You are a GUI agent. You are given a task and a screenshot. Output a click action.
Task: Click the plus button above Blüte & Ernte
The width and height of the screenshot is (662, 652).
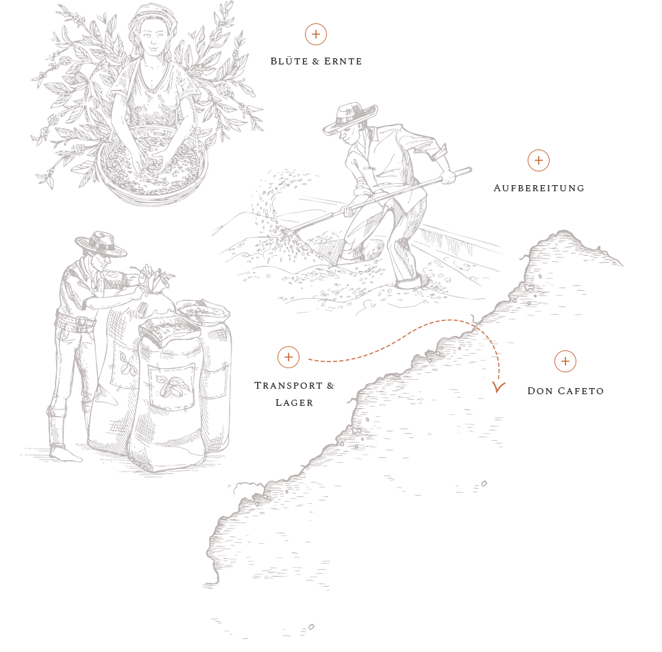[x=316, y=34]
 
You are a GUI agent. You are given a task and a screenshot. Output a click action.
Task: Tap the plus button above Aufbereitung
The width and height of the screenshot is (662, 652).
[x=538, y=160]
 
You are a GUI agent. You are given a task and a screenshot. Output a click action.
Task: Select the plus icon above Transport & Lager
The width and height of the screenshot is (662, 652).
[x=289, y=357]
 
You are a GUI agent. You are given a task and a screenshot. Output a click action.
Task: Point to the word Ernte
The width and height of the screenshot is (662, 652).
[x=343, y=61]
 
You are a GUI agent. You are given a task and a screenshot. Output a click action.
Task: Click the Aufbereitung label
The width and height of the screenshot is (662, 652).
[x=539, y=188]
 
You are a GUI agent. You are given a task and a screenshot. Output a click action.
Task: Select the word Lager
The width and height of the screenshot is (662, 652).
[x=294, y=402]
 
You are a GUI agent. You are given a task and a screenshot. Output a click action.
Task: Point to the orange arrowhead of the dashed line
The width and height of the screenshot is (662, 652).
[x=499, y=387]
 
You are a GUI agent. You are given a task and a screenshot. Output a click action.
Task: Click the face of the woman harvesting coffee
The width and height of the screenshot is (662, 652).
[x=151, y=38]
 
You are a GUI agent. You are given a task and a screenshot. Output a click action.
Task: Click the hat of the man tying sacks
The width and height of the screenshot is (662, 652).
[x=101, y=244]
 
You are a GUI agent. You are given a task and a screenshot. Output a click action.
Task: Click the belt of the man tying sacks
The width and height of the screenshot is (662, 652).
[x=76, y=323]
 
